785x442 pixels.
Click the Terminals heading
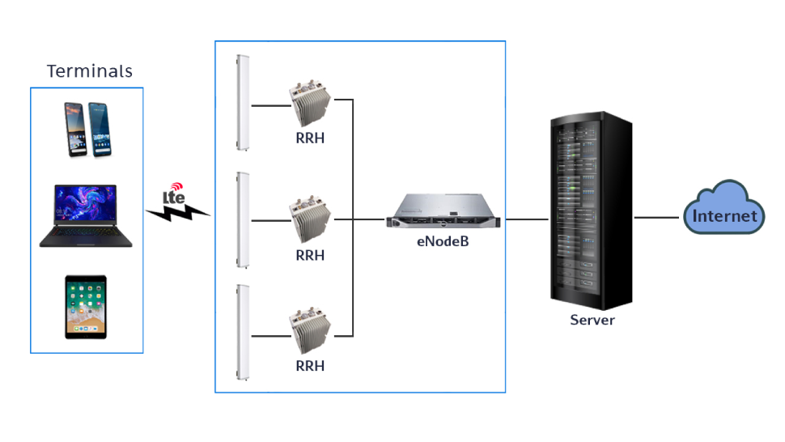89,71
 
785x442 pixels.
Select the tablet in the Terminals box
86,307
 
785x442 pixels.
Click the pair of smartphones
87,130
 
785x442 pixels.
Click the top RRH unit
310,103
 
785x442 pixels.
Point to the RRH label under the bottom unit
310,366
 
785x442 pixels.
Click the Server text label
592,320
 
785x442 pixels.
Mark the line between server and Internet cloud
656,218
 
